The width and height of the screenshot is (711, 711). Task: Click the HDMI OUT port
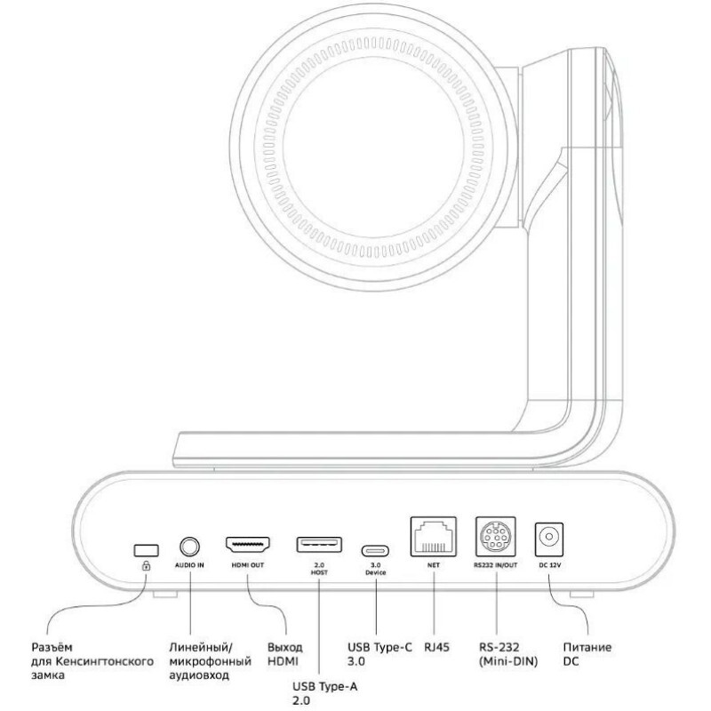pos(250,544)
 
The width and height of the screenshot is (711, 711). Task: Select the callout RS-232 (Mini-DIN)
pos(507,653)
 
